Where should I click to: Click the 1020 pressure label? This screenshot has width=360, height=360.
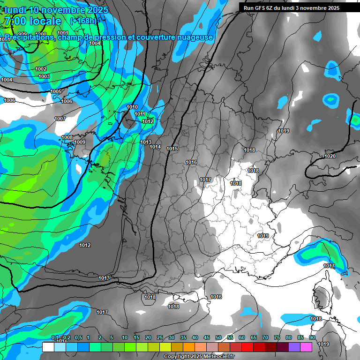tap(330, 156)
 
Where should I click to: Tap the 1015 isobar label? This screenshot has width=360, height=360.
tap(172, 149)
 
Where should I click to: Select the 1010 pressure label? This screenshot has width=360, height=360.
tap(132, 107)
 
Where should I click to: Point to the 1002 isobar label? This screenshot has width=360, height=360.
tap(41, 69)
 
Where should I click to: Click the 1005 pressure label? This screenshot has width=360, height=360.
tap(56, 91)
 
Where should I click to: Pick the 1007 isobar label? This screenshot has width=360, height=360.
tap(60, 119)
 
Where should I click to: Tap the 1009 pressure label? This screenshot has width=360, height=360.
tap(80, 142)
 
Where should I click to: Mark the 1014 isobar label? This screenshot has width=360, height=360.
tap(155, 147)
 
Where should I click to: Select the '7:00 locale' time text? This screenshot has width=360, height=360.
tap(33, 21)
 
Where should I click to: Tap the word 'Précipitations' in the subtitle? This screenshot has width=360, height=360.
tap(29, 37)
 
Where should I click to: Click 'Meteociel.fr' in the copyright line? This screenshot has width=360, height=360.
tap(218, 357)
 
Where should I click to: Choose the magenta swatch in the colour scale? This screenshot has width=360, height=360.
tap(306, 347)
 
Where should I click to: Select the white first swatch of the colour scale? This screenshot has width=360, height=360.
tap(48, 347)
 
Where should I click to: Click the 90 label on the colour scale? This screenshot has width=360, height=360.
tap(312, 338)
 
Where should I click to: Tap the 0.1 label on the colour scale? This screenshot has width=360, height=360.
tap(55, 338)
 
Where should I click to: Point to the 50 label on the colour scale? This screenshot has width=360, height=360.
tap(218, 338)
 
